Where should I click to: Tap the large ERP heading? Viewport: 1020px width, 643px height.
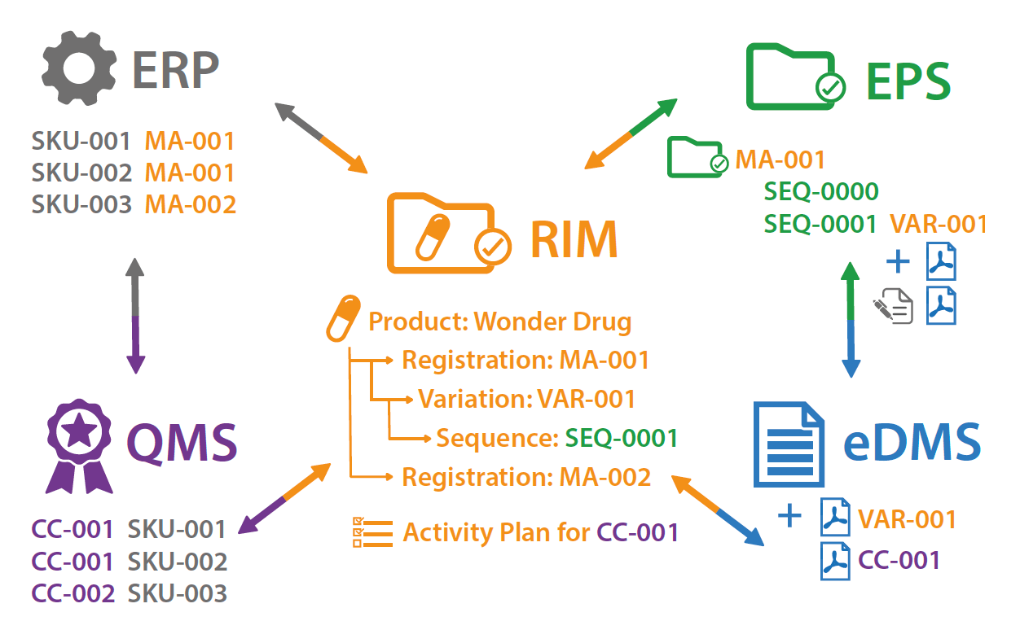click(176, 72)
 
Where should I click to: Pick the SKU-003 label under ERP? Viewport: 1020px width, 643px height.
click(81, 204)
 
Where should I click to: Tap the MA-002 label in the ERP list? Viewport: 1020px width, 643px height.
click(191, 204)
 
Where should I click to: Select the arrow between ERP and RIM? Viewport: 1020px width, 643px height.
click(321, 138)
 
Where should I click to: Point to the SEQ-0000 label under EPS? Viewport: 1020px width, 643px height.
click(821, 192)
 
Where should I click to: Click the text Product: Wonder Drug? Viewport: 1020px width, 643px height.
click(499, 321)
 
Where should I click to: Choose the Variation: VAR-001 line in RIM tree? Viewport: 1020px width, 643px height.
click(526, 399)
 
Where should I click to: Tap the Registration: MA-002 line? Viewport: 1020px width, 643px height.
click(526, 477)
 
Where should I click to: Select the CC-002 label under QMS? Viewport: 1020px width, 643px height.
click(73, 593)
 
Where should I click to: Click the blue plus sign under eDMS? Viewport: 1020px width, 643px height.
click(789, 516)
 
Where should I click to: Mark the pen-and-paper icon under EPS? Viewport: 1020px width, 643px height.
click(893, 306)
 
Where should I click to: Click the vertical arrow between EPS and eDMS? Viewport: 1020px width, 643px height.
click(851, 319)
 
